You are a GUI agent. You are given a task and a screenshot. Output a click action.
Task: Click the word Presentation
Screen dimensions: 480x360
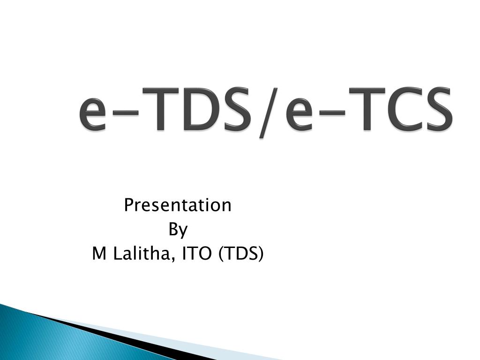178,205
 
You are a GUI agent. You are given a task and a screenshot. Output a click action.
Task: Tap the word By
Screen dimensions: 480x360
178,230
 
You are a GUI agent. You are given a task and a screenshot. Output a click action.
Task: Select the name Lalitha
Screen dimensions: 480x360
142,253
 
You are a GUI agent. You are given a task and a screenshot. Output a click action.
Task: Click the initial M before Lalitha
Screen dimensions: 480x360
99,254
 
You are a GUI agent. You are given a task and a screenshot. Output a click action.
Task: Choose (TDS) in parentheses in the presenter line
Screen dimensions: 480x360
241,254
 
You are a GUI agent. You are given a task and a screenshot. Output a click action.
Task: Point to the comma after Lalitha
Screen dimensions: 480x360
173,260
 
